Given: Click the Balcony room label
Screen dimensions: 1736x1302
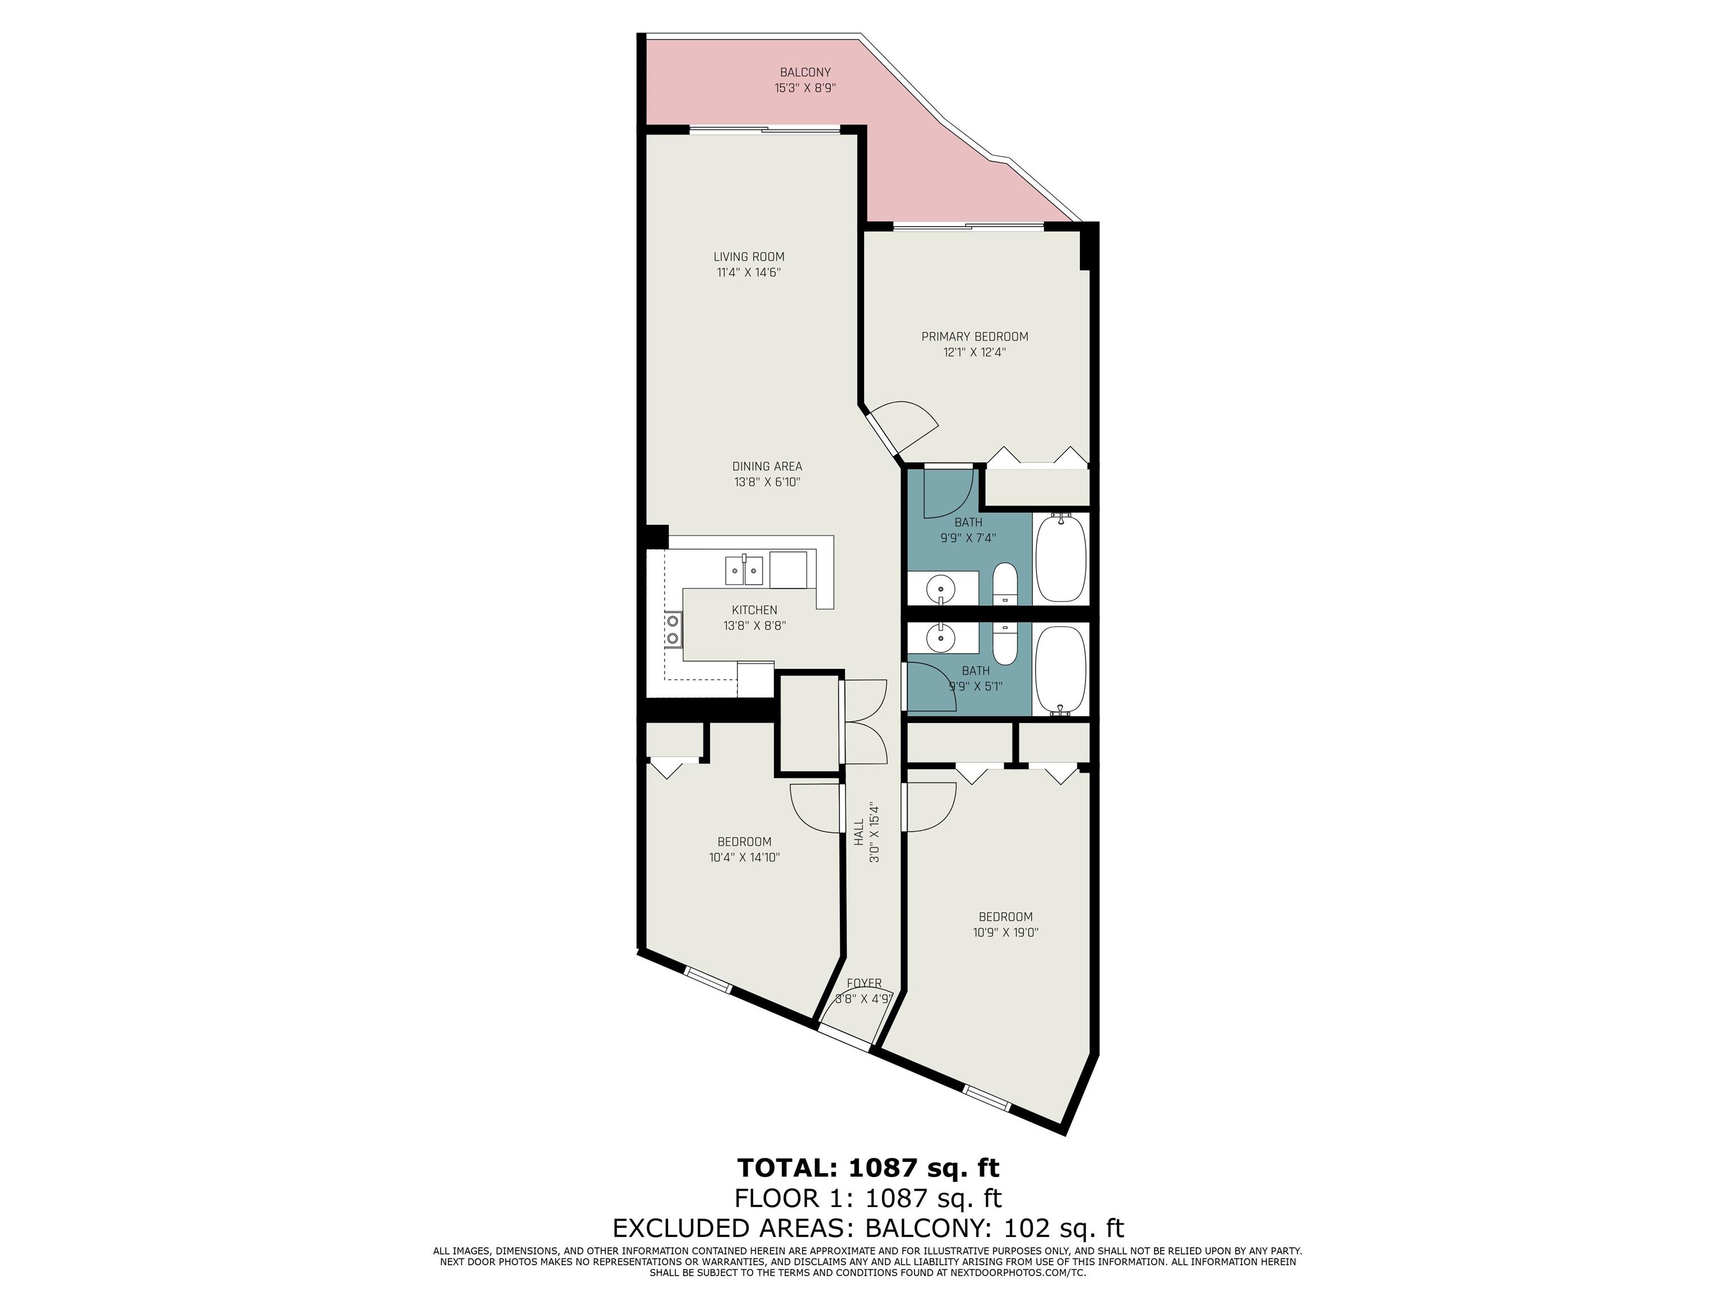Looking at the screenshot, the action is (x=805, y=72).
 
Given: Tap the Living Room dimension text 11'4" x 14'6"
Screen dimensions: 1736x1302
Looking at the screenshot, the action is (x=749, y=273).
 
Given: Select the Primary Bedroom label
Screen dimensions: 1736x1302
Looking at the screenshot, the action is (x=975, y=337).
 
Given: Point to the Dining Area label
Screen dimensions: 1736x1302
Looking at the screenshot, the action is (x=767, y=466).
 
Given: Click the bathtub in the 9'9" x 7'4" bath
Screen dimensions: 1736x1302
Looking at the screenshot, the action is (x=1061, y=557).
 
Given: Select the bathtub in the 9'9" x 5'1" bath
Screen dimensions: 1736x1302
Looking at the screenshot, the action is (x=1061, y=671).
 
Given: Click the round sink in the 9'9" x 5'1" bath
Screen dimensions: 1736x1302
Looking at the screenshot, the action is (x=940, y=638).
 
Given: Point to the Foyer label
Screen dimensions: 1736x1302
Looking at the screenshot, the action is (x=864, y=983).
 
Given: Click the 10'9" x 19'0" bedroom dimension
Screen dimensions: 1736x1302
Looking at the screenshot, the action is (x=1005, y=933).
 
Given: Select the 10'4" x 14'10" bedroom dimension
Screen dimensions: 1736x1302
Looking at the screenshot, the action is (x=744, y=858).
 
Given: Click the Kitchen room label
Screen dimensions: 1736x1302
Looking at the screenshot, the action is (x=754, y=610).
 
